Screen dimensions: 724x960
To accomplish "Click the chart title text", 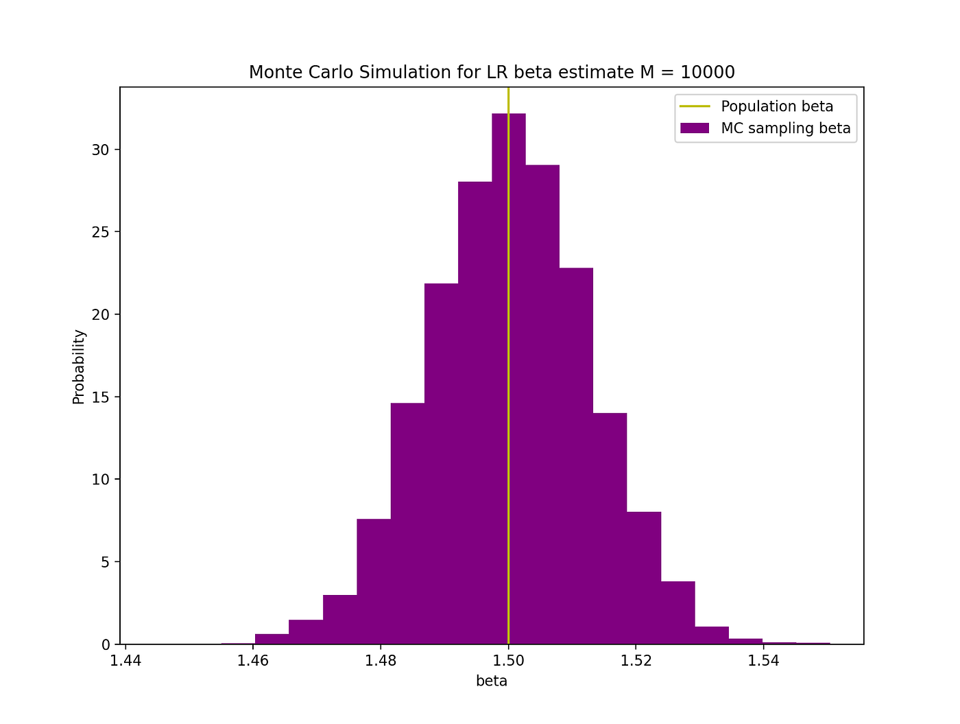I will click(491, 72).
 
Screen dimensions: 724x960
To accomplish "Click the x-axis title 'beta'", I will click(491, 681).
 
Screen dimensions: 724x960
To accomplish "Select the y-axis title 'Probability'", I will click(79, 366).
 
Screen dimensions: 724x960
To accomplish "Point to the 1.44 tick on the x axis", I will click(125, 661).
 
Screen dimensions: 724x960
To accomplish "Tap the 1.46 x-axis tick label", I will click(253, 661).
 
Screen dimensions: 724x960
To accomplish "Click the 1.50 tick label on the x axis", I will click(508, 661).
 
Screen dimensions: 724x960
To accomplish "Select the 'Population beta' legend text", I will click(777, 106).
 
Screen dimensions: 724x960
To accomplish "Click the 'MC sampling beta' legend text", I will click(786, 128).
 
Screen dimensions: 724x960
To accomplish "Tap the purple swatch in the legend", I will click(694, 128).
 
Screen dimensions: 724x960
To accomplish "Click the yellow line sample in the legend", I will click(694, 106).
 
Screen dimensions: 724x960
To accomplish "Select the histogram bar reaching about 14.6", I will click(407, 522).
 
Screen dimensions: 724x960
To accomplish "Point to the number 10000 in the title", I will click(707, 72).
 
